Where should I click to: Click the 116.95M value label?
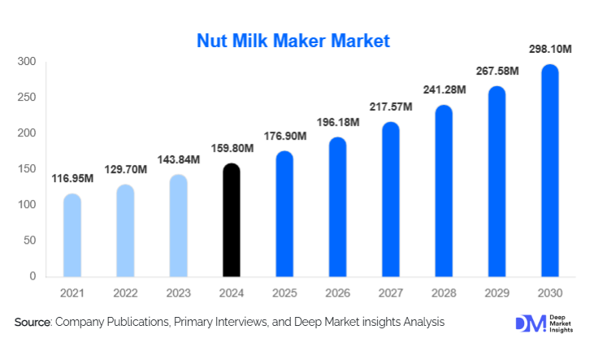[x=72, y=177]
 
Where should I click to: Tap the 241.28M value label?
[x=444, y=89]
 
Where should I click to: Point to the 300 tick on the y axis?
[x=27, y=62]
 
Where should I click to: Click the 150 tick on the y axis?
[x=27, y=169]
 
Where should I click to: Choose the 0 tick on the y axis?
[x=33, y=276]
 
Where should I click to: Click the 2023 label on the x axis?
[x=178, y=292]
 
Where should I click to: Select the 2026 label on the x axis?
[x=337, y=292]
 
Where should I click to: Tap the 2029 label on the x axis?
[x=497, y=292]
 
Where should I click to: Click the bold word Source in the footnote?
[x=33, y=323]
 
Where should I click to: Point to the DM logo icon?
[x=527, y=323]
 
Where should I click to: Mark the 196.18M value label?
[x=337, y=121]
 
